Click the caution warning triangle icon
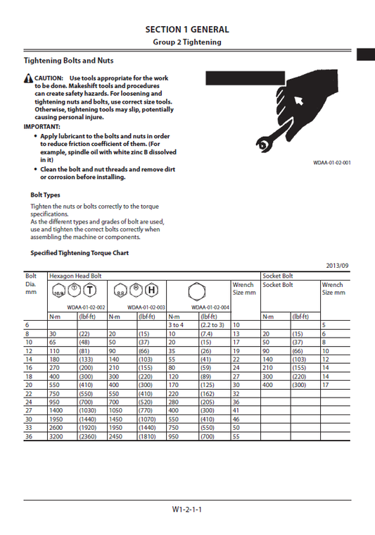pyautogui.click(x=28, y=78)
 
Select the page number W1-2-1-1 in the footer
pyautogui.click(x=187, y=509)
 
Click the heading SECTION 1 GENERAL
pyautogui.click(x=187, y=30)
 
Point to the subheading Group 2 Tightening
pyautogui.click(x=187, y=42)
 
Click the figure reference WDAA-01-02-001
pyautogui.click(x=332, y=163)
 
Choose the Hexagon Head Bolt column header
pyautogui.click(x=75, y=276)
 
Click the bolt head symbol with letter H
pyautogui.click(x=152, y=290)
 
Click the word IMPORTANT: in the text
pyautogui.click(x=42, y=127)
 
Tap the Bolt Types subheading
pyautogui.click(x=45, y=195)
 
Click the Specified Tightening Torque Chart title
pyautogui.click(x=80, y=252)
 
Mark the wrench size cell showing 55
pyautogui.click(x=236, y=437)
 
